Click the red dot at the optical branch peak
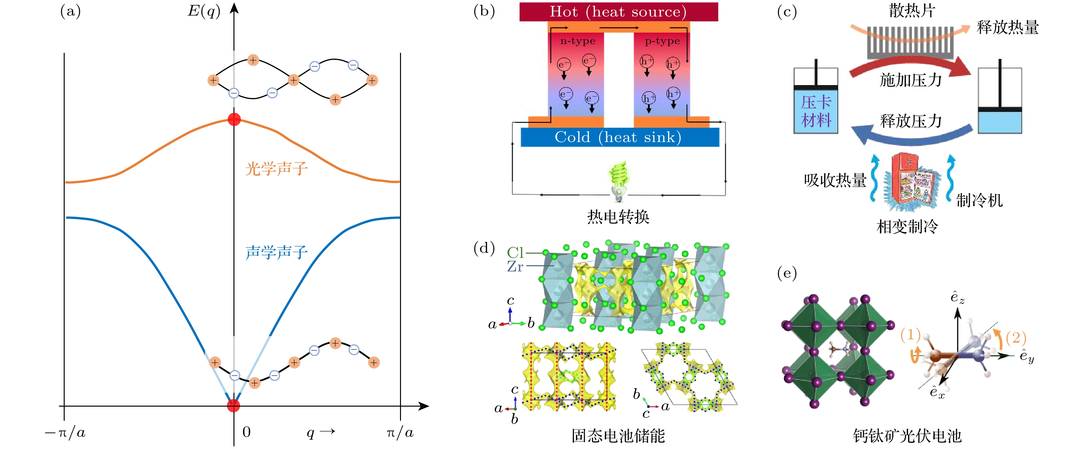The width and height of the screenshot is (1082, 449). [x=234, y=119]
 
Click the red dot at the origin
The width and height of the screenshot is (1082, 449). [x=233, y=406]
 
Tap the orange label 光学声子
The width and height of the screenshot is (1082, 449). [x=276, y=169]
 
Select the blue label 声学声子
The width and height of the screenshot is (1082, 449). [x=276, y=252]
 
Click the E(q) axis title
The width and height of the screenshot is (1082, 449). [x=204, y=11]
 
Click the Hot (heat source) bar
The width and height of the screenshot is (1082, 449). [x=618, y=12]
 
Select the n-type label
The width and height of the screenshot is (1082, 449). [x=578, y=41]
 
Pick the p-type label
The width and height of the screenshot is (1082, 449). [x=662, y=41]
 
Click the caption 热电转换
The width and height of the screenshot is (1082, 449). [x=618, y=217]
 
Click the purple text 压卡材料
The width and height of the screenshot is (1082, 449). [x=816, y=111]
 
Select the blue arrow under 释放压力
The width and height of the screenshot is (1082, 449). [x=912, y=137]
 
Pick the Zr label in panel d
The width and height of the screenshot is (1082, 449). [x=515, y=266]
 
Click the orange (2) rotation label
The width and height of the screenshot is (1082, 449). [x=1016, y=337]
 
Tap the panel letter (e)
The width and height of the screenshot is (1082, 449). [x=787, y=273]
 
